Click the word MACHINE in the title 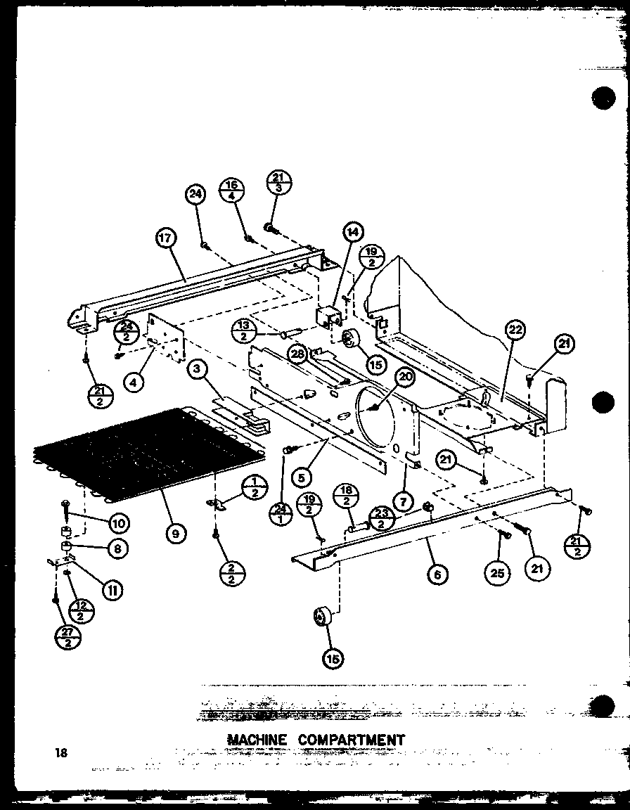(257, 740)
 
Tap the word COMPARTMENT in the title (352, 740)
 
